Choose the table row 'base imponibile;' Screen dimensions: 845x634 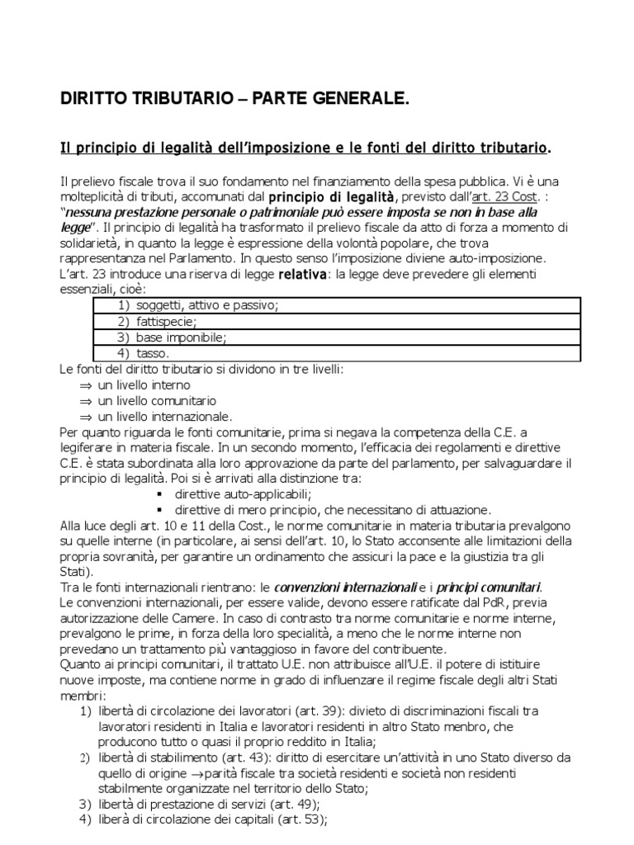180,337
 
